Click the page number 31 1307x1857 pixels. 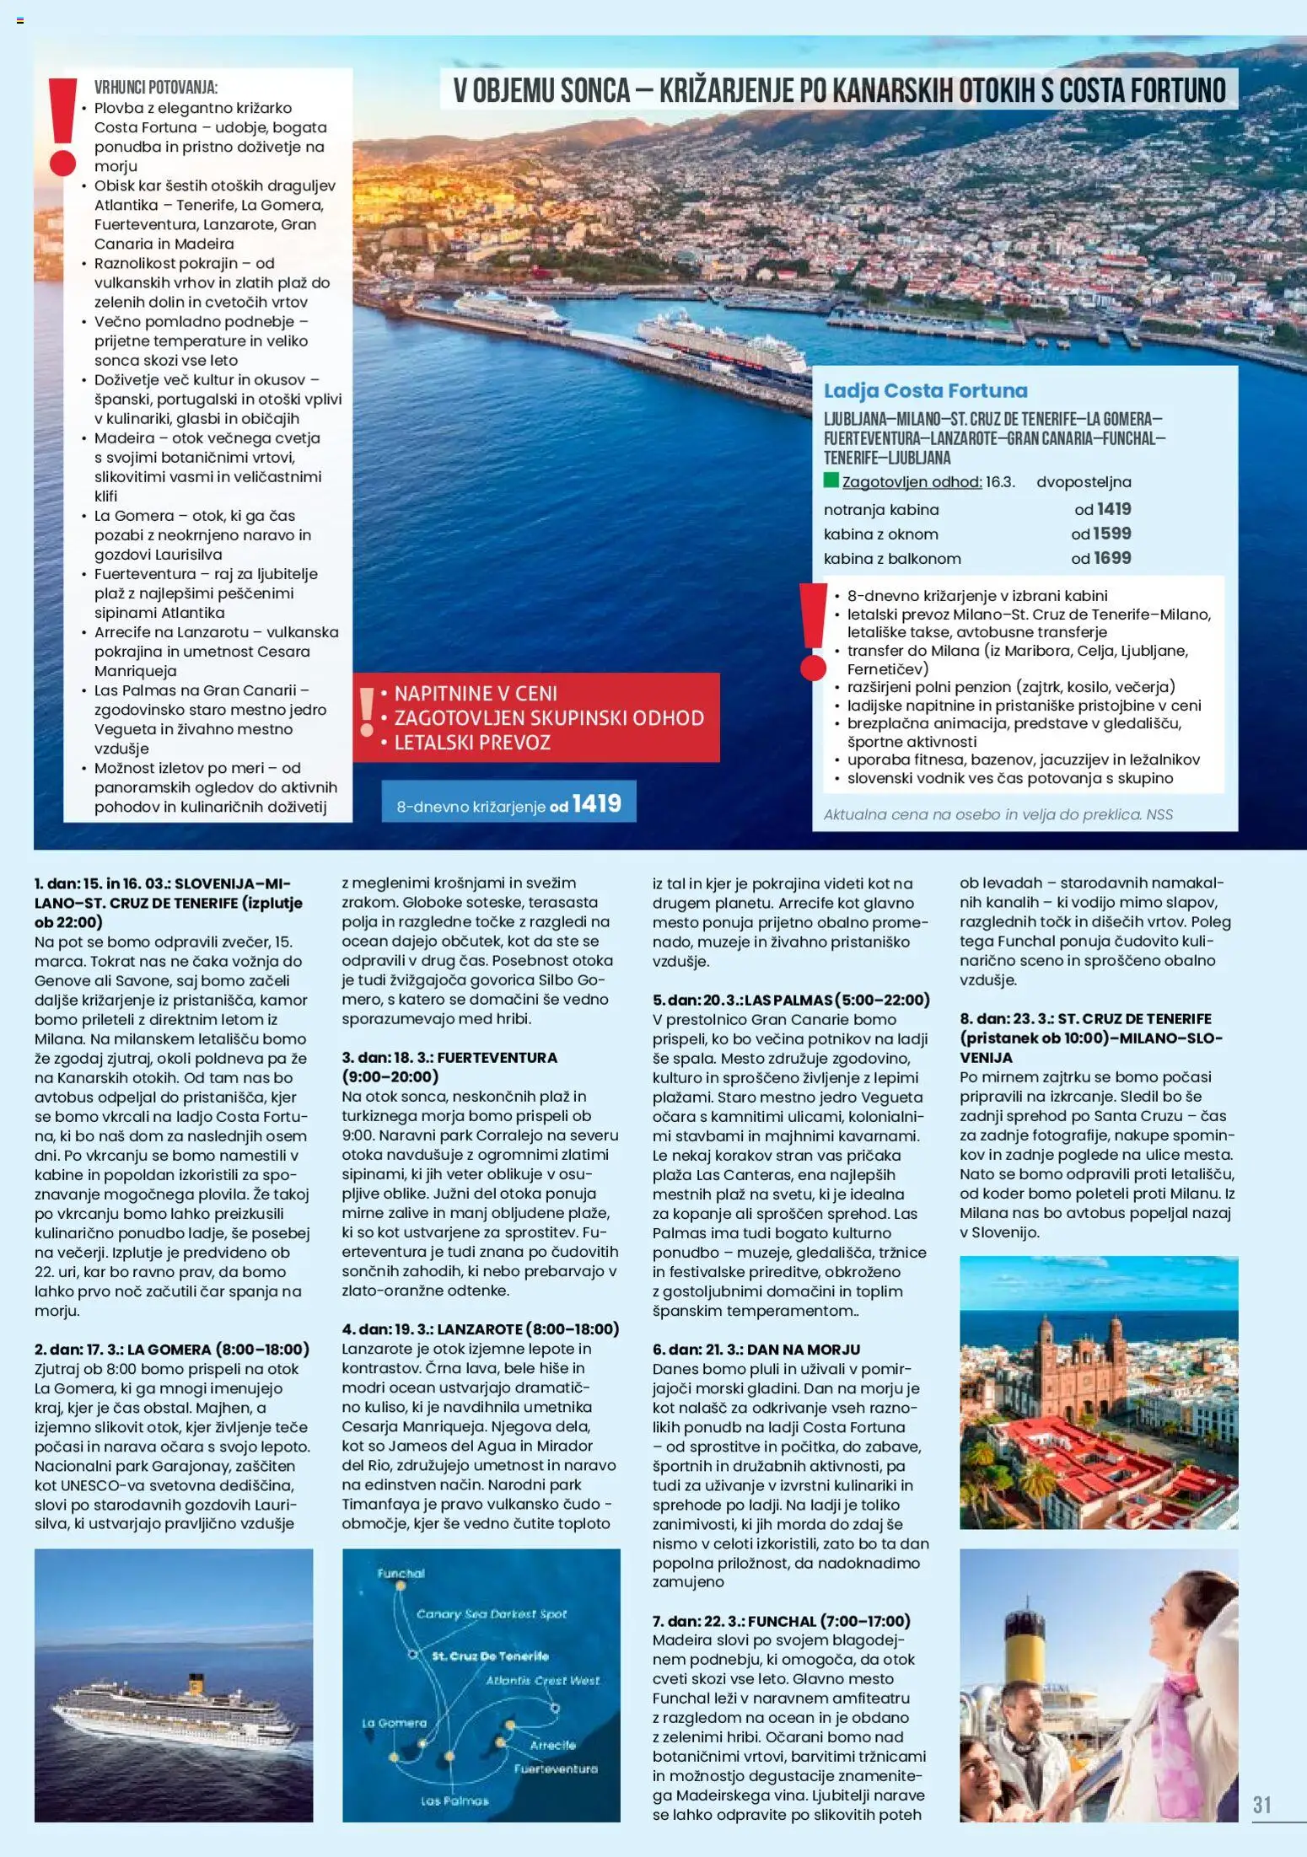pyautogui.click(x=1261, y=1804)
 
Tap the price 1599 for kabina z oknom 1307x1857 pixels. pyautogui.click(x=1111, y=534)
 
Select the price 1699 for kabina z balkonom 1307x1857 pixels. pyautogui.click(x=1111, y=558)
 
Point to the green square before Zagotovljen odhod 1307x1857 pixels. pyautogui.click(x=831, y=481)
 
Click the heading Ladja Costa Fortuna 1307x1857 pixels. pyautogui.click(x=925, y=391)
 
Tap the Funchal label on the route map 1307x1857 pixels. pyautogui.click(x=401, y=1573)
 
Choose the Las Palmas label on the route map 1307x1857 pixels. pyautogui.click(x=454, y=1801)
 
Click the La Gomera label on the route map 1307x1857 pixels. pyautogui.click(x=394, y=1722)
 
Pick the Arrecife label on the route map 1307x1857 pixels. pyautogui.click(x=552, y=1745)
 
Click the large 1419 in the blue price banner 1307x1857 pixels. pyautogui.click(x=596, y=804)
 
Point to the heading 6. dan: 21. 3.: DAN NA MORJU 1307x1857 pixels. pyautogui.click(x=756, y=1350)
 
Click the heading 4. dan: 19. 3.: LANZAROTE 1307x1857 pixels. pyautogui.click(x=480, y=1329)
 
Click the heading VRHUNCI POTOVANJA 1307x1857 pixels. pyautogui.click(x=156, y=88)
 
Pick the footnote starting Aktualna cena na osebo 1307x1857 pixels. pyautogui.click(x=998, y=814)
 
